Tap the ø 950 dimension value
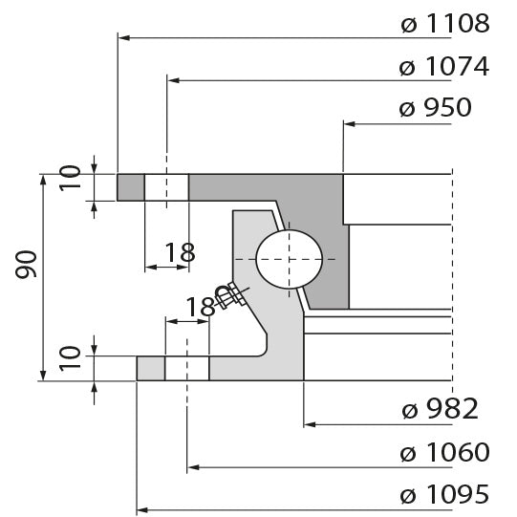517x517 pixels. (x=435, y=108)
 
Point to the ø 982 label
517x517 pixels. (x=440, y=410)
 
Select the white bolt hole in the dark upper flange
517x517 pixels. (x=166, y=187)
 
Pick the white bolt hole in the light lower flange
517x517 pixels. (x=187, y=368)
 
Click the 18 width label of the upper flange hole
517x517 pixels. (x=179, y=253)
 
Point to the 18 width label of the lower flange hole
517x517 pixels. (x=201, y=307)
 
